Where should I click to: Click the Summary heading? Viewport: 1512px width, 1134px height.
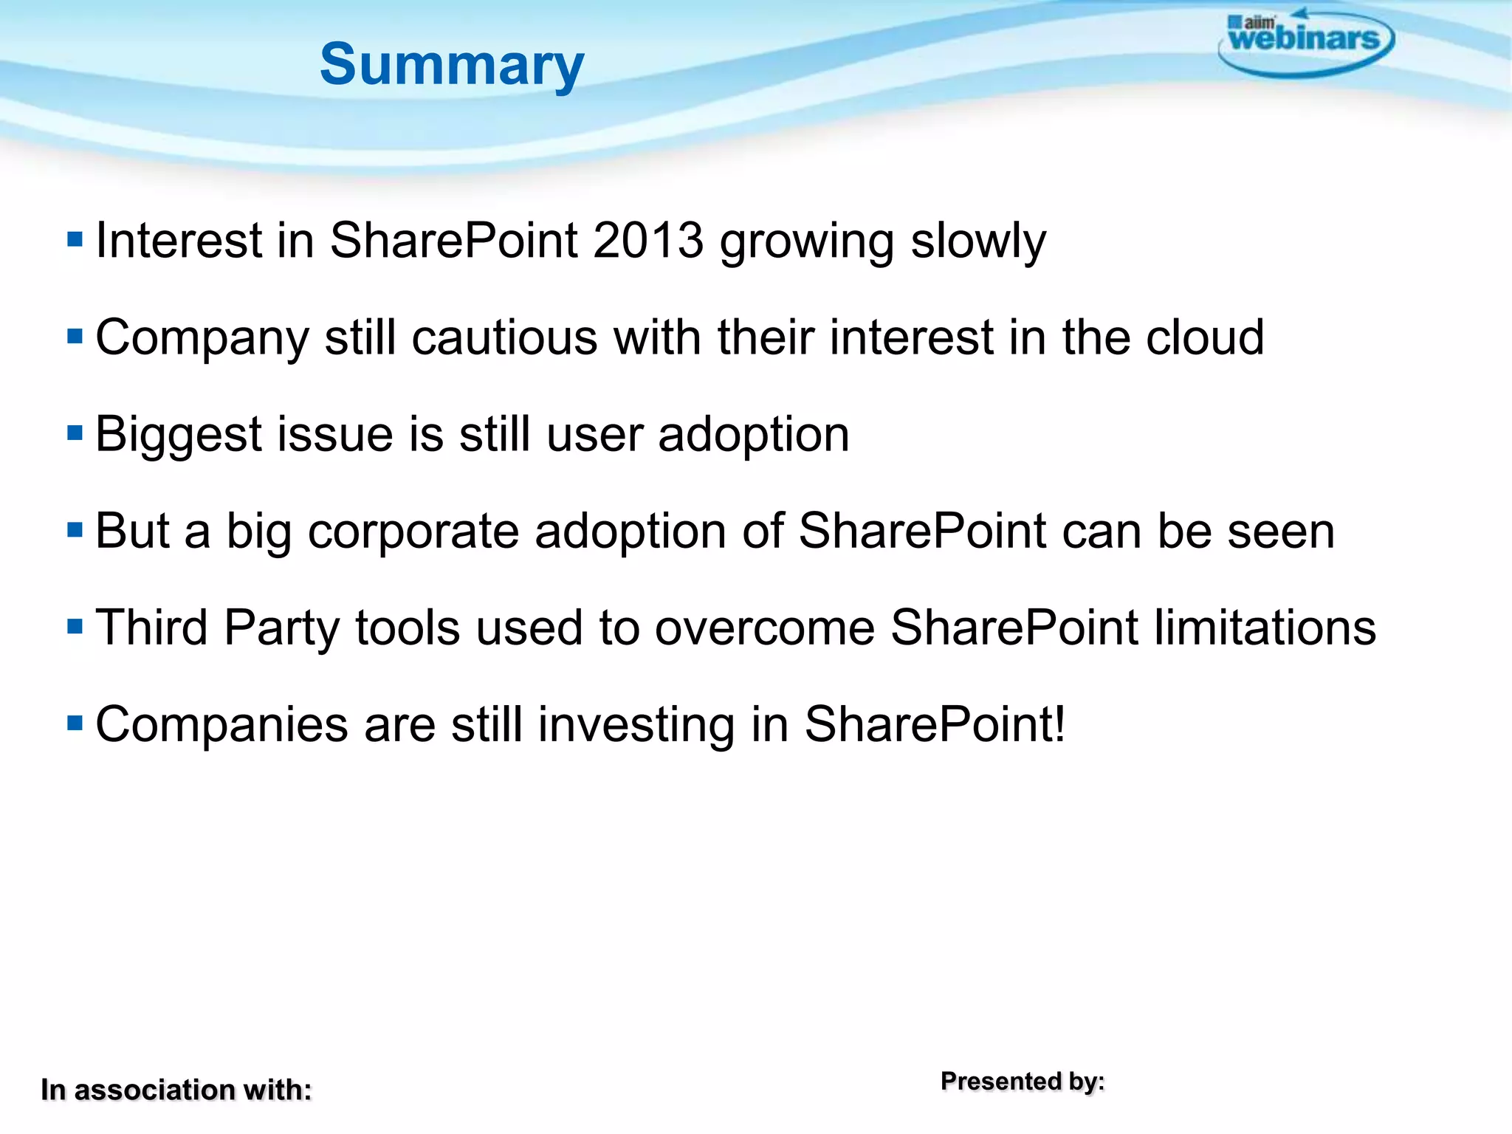click(452, 65)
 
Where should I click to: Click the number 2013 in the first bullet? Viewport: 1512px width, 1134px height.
click(648, 241)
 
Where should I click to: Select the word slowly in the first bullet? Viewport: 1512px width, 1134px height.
click(978, 241)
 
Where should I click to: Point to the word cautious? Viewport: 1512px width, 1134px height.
click(504, 337)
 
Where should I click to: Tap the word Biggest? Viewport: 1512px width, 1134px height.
click(179, 434)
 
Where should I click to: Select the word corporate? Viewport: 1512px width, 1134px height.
click(413, 531)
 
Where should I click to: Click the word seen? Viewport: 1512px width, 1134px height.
click(1281, 531)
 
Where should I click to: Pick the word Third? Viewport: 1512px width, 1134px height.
click(152, 628)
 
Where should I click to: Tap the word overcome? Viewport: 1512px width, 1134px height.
click(764, 628)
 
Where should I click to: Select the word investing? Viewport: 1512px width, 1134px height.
click(636, 724)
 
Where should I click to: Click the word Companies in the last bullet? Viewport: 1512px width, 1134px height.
click(221, 724)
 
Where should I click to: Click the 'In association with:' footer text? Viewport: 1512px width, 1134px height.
click(176, 1090)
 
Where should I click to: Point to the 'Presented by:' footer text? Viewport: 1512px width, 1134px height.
click(1023, 1081)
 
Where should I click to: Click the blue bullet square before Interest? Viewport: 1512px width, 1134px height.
click(75, 239)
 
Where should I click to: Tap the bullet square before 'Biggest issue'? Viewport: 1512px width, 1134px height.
click(75, 433)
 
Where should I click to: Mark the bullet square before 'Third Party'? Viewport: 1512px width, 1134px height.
click(75, 626)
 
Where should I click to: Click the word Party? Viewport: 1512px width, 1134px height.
click(281, 628)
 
